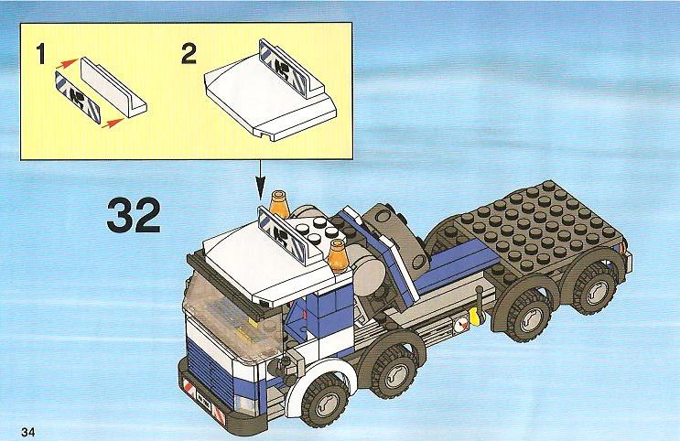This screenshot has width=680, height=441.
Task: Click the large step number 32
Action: click(134, 216)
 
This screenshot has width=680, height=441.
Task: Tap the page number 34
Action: click(27, 432)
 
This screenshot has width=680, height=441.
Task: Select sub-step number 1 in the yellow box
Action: click(41, 55)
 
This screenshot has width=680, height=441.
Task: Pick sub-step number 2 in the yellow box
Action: click(189, 54)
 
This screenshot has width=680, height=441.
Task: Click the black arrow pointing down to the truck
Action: click(260, 180)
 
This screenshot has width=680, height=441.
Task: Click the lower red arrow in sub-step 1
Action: click(113, 123)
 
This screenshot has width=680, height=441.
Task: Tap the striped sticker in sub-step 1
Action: click(78, 97)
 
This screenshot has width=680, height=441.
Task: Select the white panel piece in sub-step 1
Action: click(113, 87)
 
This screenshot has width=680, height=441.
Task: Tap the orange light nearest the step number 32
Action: click(279, 204)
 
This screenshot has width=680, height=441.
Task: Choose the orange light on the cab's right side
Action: click(339, 255)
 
